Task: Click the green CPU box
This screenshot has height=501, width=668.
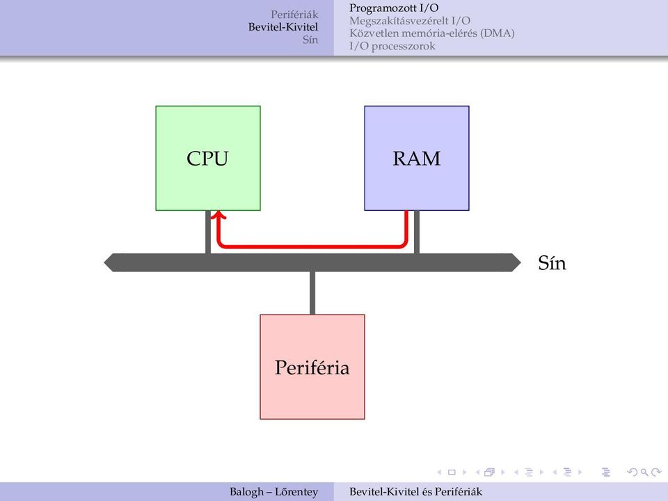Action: [208, 158]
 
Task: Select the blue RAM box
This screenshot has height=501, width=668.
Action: [417, 158]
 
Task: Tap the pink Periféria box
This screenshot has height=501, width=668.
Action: [312, 367]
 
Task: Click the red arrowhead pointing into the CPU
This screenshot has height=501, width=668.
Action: [218, 215]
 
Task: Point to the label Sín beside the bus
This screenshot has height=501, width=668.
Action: [552, 263]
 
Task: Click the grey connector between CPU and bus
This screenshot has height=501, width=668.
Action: [208, 232]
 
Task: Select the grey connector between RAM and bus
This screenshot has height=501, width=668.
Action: [417, 232]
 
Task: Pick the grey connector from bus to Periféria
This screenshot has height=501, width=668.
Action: [312, 293]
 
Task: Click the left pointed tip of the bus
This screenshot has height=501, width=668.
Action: [104, 263]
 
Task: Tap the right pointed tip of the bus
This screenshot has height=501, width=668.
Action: [520, 263]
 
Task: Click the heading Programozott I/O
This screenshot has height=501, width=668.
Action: [394, 8]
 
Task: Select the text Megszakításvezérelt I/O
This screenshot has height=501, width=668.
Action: [410, 20]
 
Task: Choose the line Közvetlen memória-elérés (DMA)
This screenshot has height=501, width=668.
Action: [432, 33]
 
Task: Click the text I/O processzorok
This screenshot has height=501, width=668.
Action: [392, 46]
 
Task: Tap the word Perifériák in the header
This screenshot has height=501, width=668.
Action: [294, 15]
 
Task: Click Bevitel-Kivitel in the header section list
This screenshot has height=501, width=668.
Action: [283, 27]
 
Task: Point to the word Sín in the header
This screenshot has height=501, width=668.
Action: [310, 40]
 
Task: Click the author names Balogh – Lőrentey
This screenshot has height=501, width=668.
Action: [274, 492]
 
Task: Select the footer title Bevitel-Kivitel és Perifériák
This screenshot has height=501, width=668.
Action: [416, 492]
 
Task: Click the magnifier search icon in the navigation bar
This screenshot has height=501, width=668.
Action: [644, 472]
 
